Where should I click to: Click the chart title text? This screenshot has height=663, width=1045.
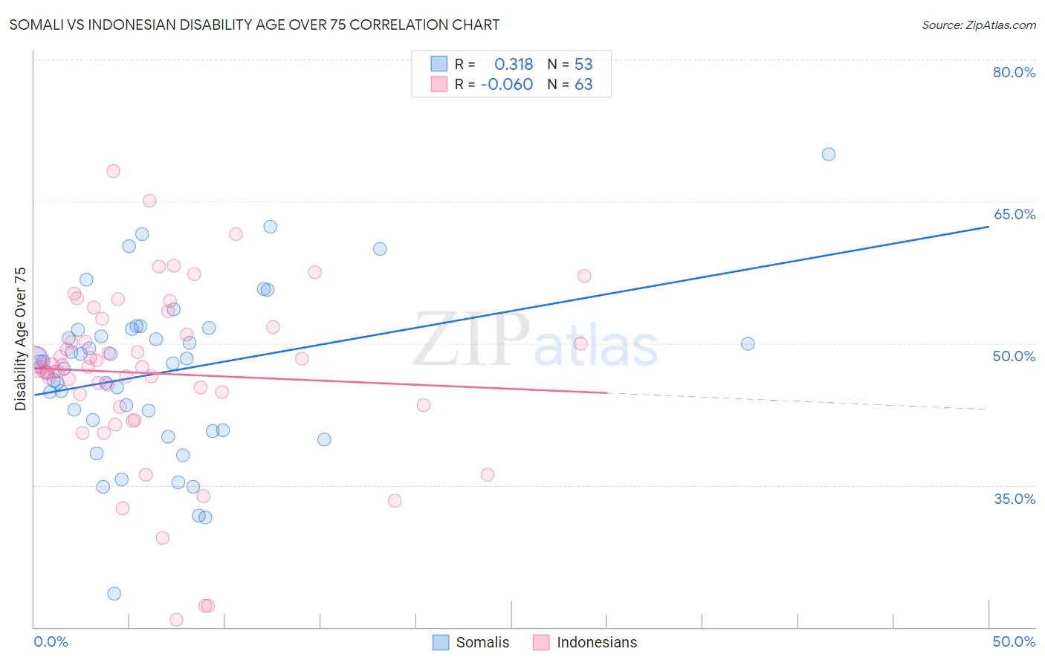254,25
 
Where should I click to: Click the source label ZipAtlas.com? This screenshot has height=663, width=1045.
978,25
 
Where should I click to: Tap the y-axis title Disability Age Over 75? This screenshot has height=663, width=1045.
21,339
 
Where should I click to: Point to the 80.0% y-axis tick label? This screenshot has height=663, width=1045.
1014,72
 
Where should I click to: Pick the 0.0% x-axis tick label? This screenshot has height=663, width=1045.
51,641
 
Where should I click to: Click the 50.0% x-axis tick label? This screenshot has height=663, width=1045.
1014,641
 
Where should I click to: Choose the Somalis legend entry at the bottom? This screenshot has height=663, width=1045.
471,642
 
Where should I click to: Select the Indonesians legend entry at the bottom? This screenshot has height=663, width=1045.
585,642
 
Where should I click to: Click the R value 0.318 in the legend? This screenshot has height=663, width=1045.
514,65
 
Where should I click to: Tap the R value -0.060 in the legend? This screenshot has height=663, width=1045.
507,85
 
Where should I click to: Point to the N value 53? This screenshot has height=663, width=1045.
583,65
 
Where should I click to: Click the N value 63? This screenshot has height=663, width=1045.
583,85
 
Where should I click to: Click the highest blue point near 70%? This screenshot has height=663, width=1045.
829,155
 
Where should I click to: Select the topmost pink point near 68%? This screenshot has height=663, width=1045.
113,171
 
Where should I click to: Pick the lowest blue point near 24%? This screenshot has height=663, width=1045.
114,594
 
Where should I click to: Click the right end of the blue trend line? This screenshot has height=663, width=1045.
989,226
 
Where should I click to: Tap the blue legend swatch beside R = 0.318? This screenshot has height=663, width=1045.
439,65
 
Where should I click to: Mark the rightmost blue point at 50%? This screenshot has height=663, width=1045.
748,344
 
